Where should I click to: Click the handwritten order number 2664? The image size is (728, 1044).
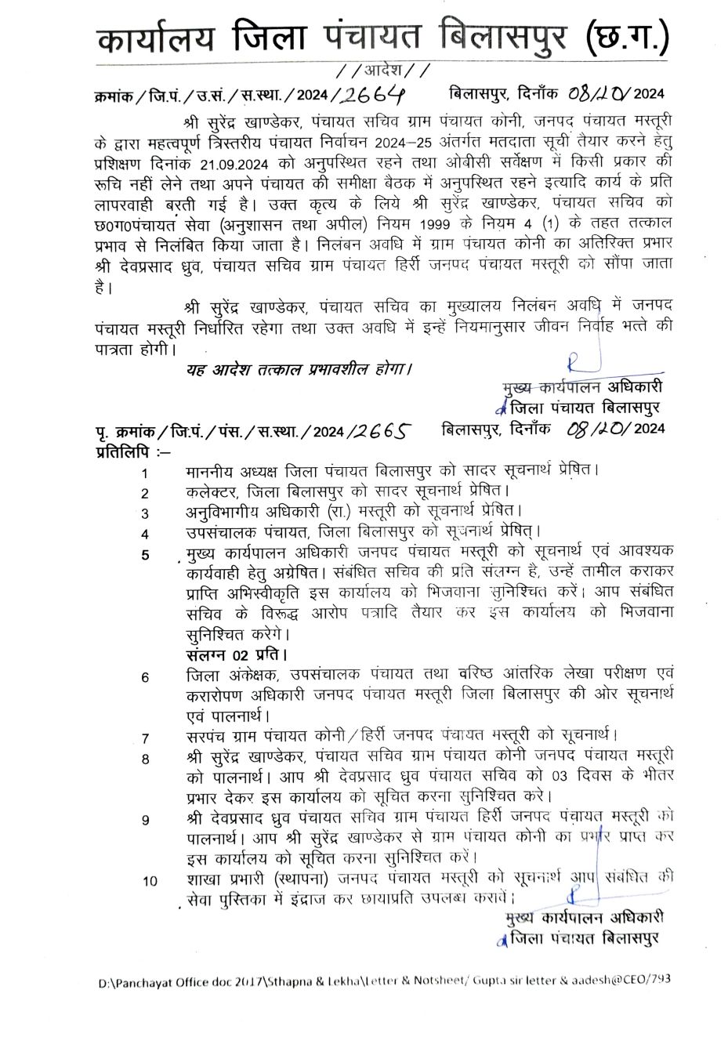[374, 94]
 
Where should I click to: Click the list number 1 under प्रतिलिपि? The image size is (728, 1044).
[145, 473]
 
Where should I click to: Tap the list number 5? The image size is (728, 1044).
[145, 555]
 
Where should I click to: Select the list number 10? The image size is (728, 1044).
[150, 881]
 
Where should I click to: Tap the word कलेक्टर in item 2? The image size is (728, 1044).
[212, 492]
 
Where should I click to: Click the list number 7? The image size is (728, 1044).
[145, 738]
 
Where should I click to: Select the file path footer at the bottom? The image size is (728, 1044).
[384, 980]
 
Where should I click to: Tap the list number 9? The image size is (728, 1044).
[145, 820]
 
